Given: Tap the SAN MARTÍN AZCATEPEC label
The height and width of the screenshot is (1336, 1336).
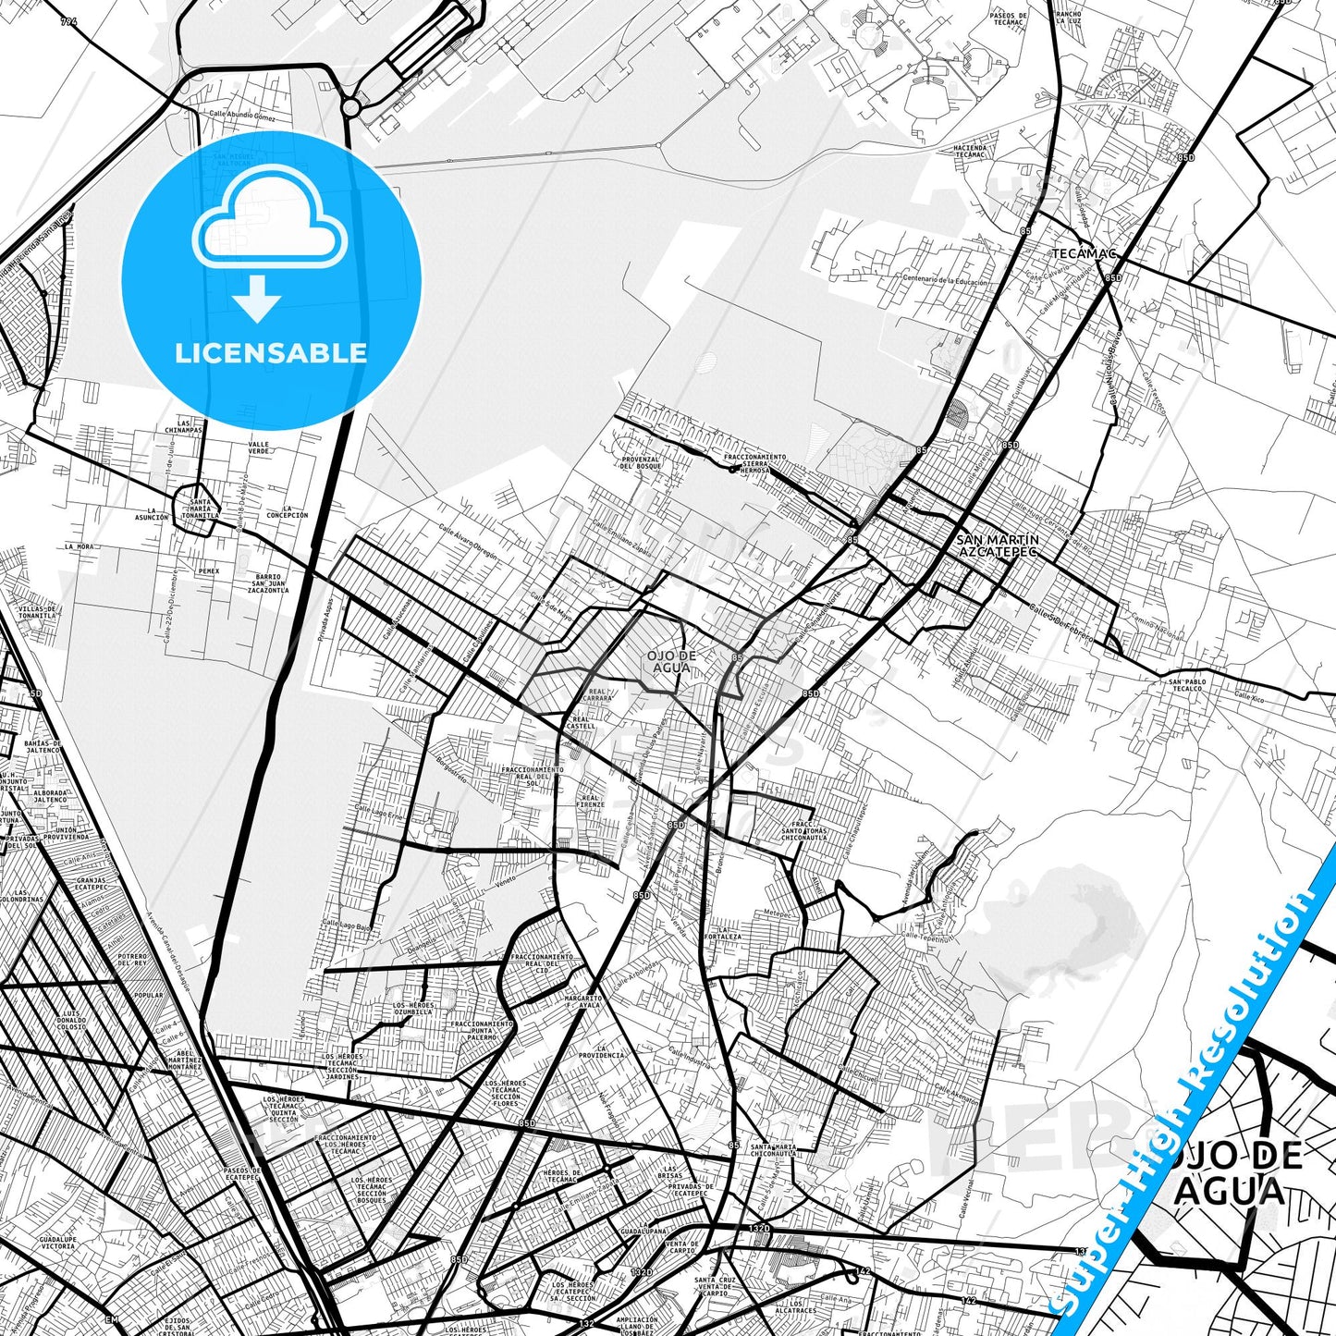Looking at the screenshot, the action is [x=997, y=545].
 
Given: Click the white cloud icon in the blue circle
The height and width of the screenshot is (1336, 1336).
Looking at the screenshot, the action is [x=270, y=221].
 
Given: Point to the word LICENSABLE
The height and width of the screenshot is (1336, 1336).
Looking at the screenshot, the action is [x=271, y=353].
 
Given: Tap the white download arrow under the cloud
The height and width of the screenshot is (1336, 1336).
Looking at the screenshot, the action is [x=257, y=299].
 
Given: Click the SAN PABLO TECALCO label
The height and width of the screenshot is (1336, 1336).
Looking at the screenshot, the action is [x=1188, y=685].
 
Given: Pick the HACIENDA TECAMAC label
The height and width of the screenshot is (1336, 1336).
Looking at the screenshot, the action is [x=969, y=151].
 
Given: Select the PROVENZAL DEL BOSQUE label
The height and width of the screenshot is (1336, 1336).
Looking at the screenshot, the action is [x=640, y=462].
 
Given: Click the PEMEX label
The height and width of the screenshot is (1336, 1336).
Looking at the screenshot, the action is [x=209, y=571].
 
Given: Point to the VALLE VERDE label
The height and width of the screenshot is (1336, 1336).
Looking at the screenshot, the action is [x=259, y=447].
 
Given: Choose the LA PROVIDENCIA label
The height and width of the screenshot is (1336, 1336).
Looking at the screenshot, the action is [x=602, y=1051].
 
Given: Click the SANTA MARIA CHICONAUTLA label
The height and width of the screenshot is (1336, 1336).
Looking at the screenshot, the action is [x=774, y=1150].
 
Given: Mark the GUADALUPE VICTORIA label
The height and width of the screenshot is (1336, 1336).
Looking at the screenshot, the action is [x=57, y=1242].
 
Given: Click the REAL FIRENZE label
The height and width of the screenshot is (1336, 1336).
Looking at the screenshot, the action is [x=590, y=801].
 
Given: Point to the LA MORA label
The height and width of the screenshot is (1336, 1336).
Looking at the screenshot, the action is [x=79, y=546].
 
